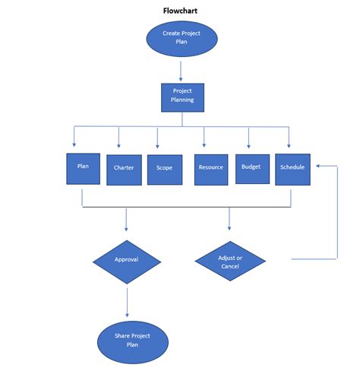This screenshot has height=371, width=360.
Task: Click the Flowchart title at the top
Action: [180, 11]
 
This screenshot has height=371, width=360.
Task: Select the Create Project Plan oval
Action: [180, 38]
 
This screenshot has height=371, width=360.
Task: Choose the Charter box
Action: [124, 169]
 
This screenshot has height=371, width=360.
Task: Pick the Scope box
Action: [164, 169]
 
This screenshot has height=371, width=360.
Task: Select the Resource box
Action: [210, 168]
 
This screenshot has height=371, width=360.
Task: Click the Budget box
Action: [251, 167]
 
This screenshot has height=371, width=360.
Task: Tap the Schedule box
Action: [292, 168]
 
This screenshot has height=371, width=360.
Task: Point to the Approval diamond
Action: [126, 260]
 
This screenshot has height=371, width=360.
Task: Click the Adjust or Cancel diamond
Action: [230, 261]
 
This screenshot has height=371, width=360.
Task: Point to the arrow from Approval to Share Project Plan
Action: [127, 302]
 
